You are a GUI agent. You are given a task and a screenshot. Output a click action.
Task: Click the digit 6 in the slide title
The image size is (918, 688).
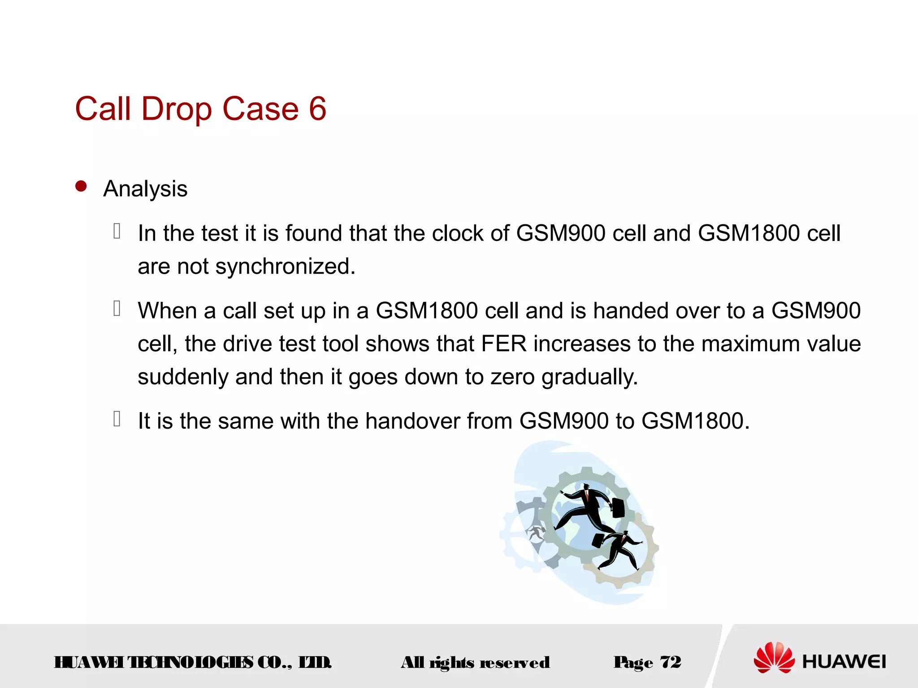pos(317,109)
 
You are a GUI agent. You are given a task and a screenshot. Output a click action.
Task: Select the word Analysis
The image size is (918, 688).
pos(145,189)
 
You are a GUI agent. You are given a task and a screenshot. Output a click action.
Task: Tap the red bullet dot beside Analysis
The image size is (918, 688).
pos(81,186)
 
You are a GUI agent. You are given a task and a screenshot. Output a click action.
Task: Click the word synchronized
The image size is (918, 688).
pos(285,267)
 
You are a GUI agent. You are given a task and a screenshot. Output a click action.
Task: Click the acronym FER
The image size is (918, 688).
pos(504,344)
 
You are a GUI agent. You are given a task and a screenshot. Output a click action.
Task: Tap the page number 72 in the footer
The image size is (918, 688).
pos(671,662)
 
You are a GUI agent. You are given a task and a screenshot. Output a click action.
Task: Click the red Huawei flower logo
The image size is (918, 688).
pos(774,658)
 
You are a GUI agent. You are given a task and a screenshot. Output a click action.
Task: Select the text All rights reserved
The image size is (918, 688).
pos(475,662)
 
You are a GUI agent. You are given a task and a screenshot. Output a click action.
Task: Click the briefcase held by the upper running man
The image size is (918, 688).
pos(618,507)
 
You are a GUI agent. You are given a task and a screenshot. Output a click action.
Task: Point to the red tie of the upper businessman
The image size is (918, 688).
pos(587,495)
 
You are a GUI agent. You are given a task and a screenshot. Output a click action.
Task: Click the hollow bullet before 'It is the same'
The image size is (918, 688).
pos(117,419)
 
